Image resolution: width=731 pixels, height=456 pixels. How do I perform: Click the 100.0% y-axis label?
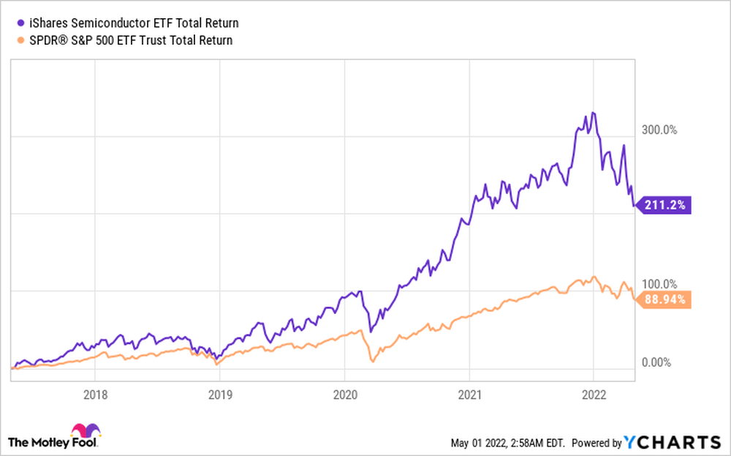coord(660,284)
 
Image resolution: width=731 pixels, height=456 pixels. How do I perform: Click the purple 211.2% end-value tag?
coord(664,206)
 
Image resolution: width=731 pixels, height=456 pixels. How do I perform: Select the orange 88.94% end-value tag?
coord(664,299)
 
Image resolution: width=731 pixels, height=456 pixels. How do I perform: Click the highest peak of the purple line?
coord(594,113)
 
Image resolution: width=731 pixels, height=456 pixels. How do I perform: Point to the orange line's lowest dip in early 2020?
coord(372,361)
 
